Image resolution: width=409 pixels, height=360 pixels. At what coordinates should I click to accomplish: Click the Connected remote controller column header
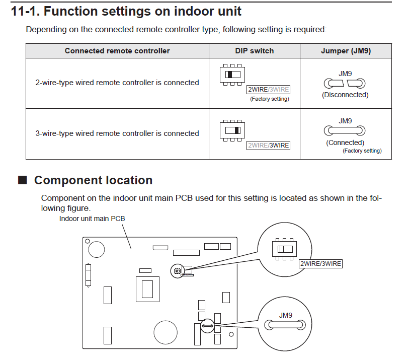click(x=117, y=51)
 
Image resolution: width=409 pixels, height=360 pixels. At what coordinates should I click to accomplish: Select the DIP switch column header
click(x=254, y=51)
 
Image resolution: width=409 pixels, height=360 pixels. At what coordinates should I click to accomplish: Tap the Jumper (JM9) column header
click(x=345, y=51)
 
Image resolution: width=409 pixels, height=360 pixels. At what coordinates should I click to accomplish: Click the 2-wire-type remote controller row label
click(x=117, y=83)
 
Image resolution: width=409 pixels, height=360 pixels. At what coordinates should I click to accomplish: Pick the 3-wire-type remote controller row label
click(x=117, y=133)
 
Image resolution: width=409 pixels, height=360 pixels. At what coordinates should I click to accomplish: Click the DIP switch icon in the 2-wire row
click(x=232, y=75)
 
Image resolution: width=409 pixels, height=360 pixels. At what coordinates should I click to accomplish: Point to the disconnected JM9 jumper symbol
click(x=345, y=83)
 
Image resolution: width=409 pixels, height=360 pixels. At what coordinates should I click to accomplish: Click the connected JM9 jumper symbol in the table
click(x=345, y=131)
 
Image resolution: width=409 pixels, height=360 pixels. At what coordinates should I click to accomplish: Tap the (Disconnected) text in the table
click(x=345, y=95)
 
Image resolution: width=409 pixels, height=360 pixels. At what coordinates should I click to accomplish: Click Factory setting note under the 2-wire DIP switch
click(x=270, y=99)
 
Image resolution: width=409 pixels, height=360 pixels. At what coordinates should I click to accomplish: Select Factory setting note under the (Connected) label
click(x=362, y=151)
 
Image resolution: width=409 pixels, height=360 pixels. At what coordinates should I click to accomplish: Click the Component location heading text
click(x=93, y=180)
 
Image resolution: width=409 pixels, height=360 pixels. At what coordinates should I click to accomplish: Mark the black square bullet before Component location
click(x=22, y=180)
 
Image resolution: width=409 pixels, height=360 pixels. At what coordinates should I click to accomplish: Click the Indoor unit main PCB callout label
click(x=92, y=219)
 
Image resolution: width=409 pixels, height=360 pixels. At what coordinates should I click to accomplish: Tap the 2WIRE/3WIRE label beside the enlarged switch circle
click(x=320, y=263)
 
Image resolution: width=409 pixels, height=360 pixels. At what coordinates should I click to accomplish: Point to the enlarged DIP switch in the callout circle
click(x=285, y=249)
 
